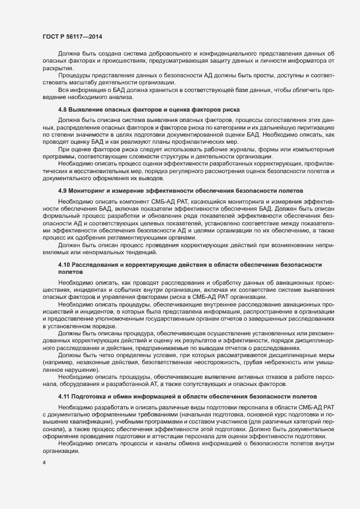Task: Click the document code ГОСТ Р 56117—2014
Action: click(72, 36)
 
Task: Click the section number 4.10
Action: click(64, 264)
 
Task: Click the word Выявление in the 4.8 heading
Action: click(86, 110)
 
